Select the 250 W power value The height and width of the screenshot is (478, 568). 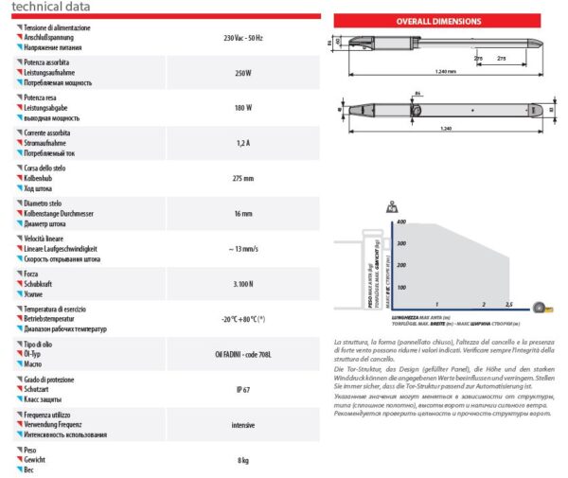click(x=242, y=71)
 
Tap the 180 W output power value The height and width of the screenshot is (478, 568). click(x=242, y=106)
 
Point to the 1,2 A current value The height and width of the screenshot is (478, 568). click(x=242, y=142)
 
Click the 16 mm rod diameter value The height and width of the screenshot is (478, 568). click(x=242, y=213)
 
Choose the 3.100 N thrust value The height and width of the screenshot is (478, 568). click(x=242, y=283)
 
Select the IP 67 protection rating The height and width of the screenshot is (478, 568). click(x=242, y=388)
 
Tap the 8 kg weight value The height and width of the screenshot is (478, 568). click(x=242, y=459)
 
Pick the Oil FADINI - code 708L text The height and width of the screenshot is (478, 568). click(x=242, y=353)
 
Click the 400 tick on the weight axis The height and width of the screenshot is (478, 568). click(x=400, y=221)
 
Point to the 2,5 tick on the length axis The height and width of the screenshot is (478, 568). click(x=508, y=305)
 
